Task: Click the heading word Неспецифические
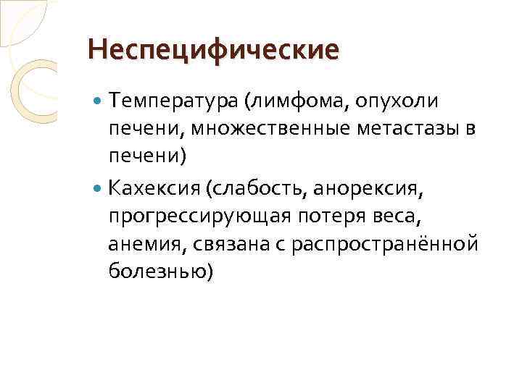pos(212,50)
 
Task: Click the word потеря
pos(339,218)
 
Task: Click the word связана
pos(229,244)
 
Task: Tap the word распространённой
pos(385,245)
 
